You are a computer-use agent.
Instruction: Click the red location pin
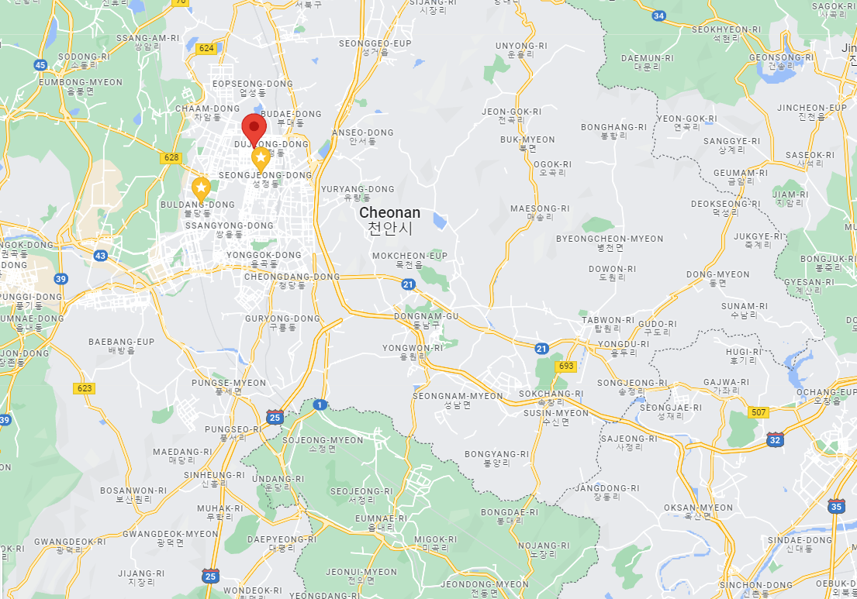(254, 126)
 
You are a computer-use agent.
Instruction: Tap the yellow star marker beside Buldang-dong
(201, 188)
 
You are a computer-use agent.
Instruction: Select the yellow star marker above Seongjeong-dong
(261, 159)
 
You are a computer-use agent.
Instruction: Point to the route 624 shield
(206, 48)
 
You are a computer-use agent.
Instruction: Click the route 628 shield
(171, 157)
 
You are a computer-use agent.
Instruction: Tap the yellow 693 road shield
(566, 366)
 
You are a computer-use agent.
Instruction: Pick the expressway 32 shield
(774, 439)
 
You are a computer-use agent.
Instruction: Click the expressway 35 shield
(835, 507)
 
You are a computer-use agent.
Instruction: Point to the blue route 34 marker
(658, 15)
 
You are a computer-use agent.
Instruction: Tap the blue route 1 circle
(320, 404)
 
